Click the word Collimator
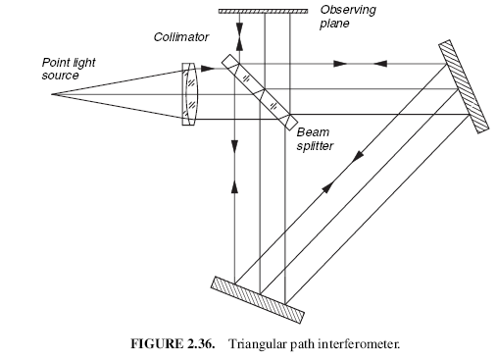point(180,37)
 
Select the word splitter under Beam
point(316,146)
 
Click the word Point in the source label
point(54,63)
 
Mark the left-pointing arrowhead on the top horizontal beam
point(378,64)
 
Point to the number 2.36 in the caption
point(203,344)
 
